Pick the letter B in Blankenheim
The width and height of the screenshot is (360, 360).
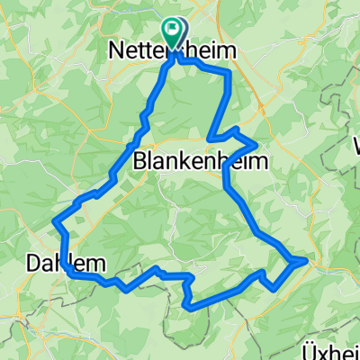[x=139, y=162]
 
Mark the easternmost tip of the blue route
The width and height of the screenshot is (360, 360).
[x=307, y=260]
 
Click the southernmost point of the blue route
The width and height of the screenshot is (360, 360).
[x=191, y=308]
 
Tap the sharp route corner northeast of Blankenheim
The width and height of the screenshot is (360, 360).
[x=257, y=144]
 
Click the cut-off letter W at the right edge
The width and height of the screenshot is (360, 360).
[x=356, y=145]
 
